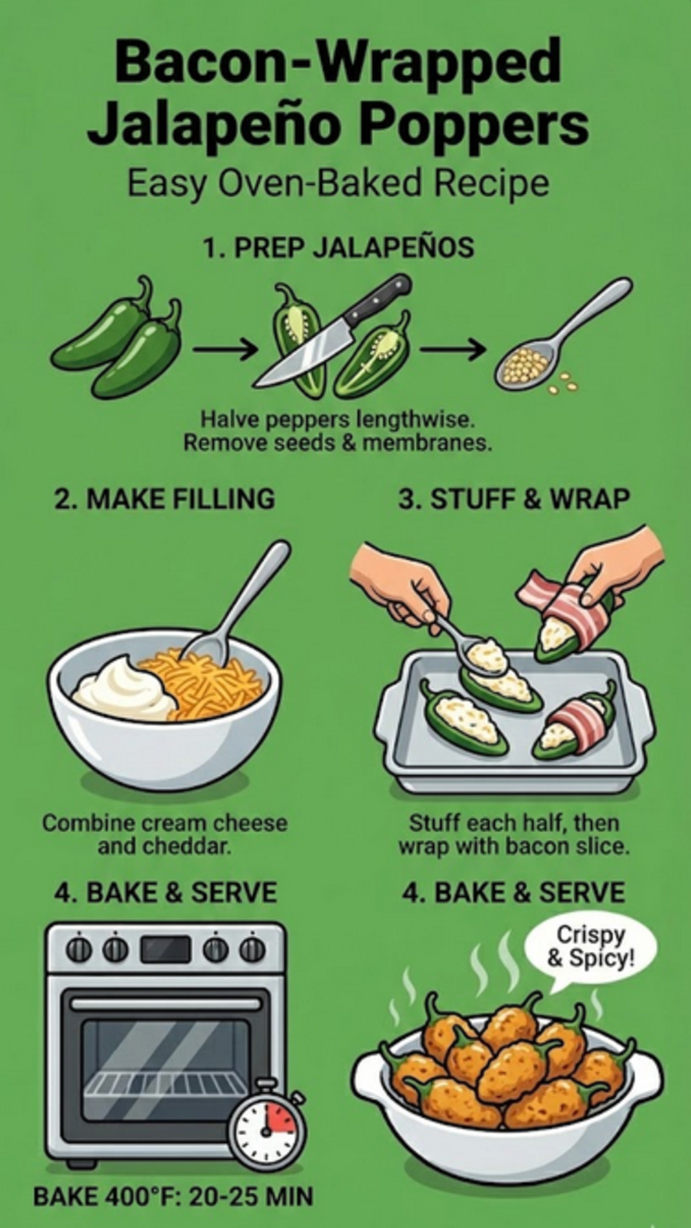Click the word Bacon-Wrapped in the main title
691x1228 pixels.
pyautogui.click(x=338, y=62)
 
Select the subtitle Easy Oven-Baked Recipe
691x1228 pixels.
pyautogui.click(x=338, y=184)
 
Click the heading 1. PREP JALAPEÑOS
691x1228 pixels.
pyautogui.click(x=338, y=248)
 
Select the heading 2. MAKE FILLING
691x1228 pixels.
pyautogui.click(x=164, y=499)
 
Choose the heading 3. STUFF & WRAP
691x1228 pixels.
pyautogui.click(x=514, y=499)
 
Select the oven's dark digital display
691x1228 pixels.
pyautogui.click(x=166, y=950)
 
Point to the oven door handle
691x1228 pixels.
pyautogui.click(x=166, y=1004)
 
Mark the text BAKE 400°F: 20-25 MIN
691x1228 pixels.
pyautogui.click(x=173, y=1197)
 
